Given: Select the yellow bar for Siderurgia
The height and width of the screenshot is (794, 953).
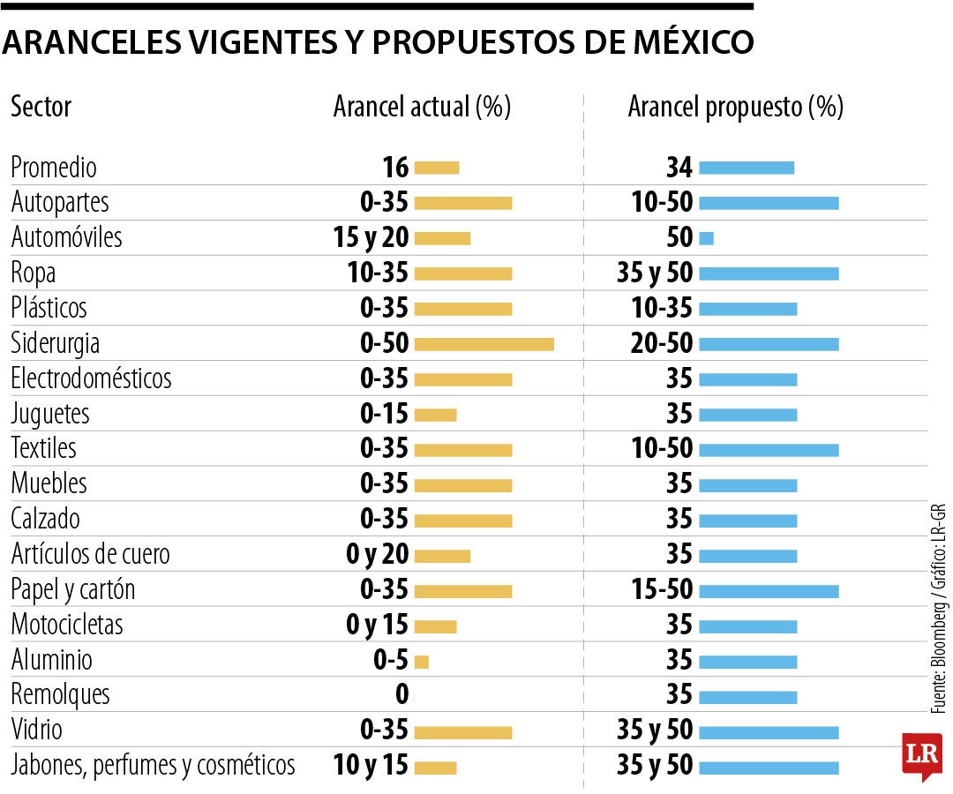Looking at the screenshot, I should point(484,343).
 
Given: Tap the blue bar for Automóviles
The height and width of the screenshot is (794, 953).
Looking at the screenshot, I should point(706,238).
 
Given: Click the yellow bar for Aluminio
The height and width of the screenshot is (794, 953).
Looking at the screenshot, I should point(421,661).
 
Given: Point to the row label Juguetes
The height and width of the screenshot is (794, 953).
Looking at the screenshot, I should point(50,414).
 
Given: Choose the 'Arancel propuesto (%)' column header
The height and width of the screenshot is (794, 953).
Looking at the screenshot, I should point(735,108).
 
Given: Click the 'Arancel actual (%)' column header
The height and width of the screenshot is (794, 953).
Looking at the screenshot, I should point(422,108).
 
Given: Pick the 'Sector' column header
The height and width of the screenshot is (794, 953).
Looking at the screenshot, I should point(41,108).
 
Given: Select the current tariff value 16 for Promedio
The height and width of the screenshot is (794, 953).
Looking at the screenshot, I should point(395,168).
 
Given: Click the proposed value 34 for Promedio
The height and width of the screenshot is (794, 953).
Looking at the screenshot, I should point(680,168).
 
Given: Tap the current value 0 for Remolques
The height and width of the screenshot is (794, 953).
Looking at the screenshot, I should point(402,695).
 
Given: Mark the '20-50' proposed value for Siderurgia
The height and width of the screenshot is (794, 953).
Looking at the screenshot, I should point(662,343).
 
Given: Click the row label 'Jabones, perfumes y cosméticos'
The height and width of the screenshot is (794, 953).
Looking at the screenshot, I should point(153,765).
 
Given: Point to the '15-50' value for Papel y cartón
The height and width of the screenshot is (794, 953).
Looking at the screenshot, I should point(662,589).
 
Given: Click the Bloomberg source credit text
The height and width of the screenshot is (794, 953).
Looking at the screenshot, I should point(940,609).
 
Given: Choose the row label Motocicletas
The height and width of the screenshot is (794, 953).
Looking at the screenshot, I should point(67,625).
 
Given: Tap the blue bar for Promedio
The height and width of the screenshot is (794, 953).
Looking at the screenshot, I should point(747,168).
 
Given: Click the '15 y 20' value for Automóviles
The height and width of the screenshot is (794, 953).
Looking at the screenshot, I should point(379,238).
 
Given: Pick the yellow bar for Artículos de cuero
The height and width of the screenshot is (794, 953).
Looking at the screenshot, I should point(442,556).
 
